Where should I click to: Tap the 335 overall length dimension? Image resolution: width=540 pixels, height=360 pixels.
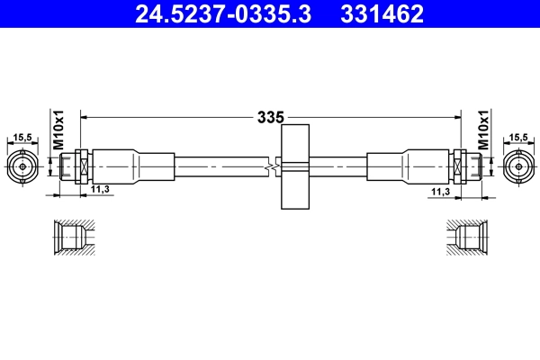270,117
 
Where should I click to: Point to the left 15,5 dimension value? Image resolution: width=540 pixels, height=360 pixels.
23,138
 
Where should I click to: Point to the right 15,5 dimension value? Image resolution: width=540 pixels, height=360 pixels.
517,138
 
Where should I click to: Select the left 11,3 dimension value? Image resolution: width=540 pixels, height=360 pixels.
99,189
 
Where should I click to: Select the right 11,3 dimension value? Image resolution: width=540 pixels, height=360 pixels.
440,191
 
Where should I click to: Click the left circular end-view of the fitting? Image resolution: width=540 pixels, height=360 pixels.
23,166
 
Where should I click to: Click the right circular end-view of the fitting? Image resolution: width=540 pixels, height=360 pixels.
517,166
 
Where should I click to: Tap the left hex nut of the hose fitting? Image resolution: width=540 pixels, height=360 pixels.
79,166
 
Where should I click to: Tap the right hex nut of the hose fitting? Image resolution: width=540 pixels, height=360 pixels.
461,166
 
